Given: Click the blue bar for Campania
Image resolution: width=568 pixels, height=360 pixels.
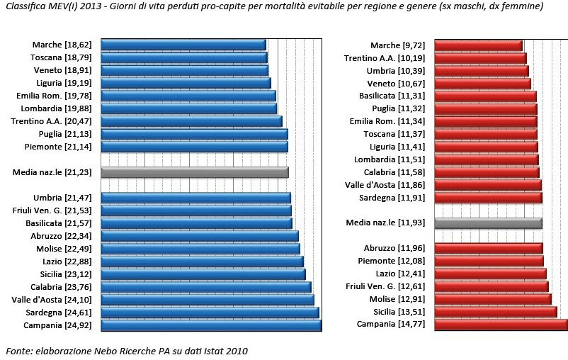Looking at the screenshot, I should [211, 325].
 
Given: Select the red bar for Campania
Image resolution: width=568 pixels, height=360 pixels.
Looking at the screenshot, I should [500, 325].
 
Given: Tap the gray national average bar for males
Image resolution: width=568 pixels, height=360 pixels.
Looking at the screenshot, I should [195, 172].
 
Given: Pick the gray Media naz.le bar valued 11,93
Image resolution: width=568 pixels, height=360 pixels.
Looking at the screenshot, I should [488, 223].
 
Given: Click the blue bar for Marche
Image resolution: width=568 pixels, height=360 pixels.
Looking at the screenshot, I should [183, 45].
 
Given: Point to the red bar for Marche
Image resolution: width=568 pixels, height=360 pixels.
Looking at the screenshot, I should [478, 45].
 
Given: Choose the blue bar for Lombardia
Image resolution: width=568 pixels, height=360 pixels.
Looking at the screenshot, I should [189, 108].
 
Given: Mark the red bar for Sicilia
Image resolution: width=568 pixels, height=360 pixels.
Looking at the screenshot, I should [495, 312].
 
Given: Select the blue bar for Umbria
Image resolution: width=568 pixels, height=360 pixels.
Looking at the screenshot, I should [196, 198].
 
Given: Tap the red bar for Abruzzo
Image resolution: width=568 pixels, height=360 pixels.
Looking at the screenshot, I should [488, 248].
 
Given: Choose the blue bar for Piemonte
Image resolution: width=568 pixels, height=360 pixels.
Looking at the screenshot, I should [195, 147].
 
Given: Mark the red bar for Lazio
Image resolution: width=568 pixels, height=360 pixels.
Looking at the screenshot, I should [490, 274].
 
